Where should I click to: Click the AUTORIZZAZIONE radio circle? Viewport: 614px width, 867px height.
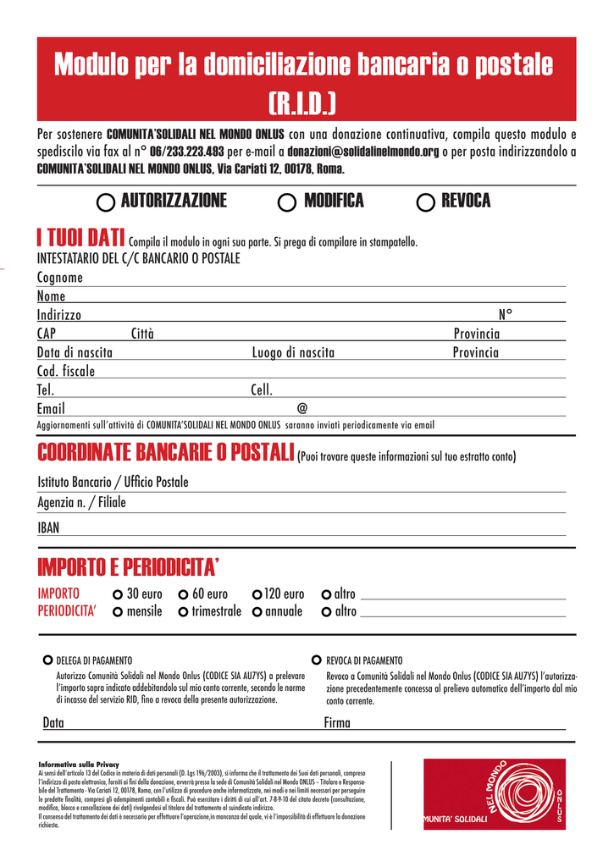[x=107, y=202]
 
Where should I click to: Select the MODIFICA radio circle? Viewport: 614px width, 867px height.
[x=287, y=202]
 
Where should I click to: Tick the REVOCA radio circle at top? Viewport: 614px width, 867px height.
[x=426, y=202]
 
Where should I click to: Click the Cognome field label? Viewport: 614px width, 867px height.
[x=60, y=278]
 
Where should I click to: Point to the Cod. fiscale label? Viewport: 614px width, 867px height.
[x=66, y=371]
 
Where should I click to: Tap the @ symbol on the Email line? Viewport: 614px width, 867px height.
[x=302, y=408]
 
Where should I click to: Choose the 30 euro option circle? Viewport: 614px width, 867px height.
[x=118, y=594]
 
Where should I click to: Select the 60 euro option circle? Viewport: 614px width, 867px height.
[x=183, y=594]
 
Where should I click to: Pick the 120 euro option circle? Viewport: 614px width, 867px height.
[x=257, y=594]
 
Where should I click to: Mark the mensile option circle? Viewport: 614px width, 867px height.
[x=118, y=612]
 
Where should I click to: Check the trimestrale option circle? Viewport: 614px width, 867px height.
[x=183, y=612]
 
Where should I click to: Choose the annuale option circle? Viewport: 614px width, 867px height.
[x=257, y=612]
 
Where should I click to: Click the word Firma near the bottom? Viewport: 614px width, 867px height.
[x=337, y=723]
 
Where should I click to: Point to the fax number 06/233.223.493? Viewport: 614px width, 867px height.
[x=186, y=152]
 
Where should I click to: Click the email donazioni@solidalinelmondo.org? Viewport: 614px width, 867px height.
[x=363, y=152]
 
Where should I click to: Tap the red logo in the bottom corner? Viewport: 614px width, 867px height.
[x=494, y=793]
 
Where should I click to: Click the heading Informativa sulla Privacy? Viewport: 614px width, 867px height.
[x=80, y=765]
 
